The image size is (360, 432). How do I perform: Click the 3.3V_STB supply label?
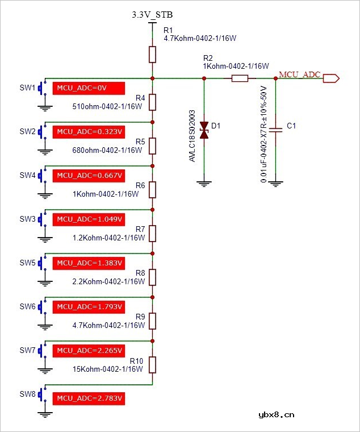point(152,15)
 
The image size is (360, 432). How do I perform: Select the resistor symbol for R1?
point(152,55)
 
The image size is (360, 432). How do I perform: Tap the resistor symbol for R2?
point(240,79)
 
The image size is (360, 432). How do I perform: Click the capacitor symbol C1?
point(276,130)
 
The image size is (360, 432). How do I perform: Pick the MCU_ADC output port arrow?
point(331,79)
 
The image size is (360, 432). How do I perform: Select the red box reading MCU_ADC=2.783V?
point(88,398)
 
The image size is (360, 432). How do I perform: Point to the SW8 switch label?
point(28,394)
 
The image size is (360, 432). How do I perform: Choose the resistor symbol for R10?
point(152,364)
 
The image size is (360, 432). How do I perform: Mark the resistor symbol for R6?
point(152,189)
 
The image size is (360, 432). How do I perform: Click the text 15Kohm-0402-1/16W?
point(108,369)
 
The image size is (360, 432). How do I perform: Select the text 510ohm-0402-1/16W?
point(107,106)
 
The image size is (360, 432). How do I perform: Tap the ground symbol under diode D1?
point(205,183)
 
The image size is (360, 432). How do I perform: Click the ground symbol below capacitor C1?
point(276,183)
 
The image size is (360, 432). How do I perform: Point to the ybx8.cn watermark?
point(277,414)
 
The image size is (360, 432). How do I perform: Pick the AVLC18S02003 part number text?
point(192,136)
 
